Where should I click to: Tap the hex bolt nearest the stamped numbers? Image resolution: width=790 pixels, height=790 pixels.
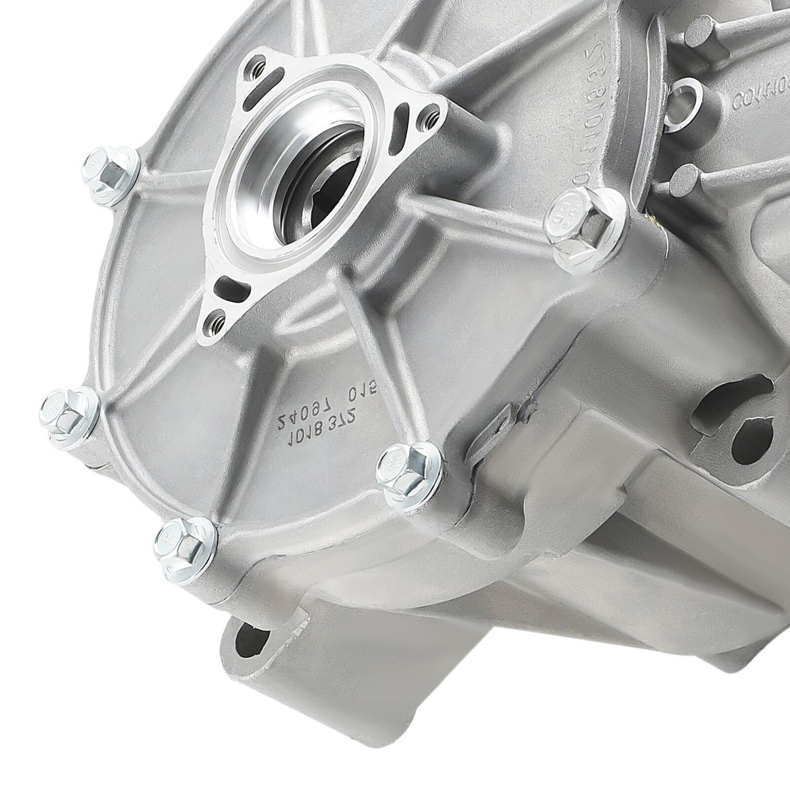point(404,468)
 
